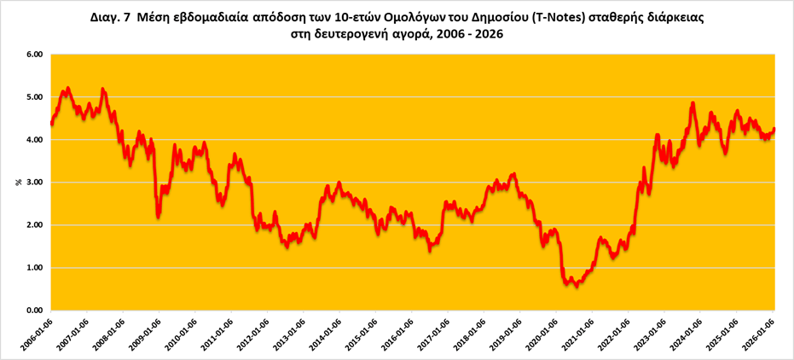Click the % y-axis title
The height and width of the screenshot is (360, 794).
18,183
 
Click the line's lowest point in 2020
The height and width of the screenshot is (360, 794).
577,286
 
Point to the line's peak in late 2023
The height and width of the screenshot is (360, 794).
693,103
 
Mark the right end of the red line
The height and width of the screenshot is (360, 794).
774,130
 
